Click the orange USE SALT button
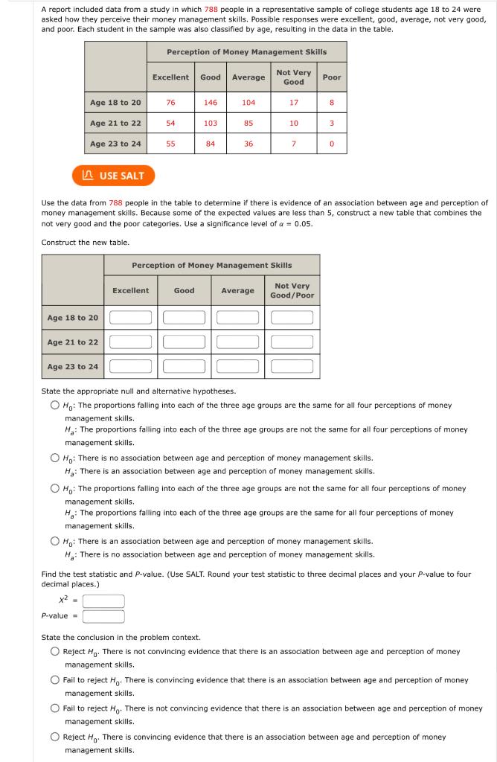[x=113, y=176]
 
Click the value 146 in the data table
[x=211, y=103]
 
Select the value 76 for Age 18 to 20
[x=170, y=103]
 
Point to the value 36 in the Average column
[x=248, y=144]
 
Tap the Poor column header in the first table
[x=332, y=77]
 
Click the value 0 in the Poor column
[x=332, y=144]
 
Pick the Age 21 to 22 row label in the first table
[x=115, y=124]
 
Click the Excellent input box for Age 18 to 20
[x=131, y=318]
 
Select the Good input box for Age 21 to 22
[x=185, y=342]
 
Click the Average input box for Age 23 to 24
[x=238, y=366]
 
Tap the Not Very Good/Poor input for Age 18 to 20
[x=292, y=318]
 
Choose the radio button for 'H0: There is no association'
[x=55, y=458]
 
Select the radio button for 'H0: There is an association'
[x=55, y=541]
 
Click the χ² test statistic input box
[x=103, y=601]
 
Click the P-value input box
[x=103, y=616]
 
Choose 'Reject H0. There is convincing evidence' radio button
[x=55, y=737]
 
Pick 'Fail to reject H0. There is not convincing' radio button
[x=55, y=708]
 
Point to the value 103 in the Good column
[x=211, y=124]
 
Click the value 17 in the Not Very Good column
[x=294, y=103]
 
